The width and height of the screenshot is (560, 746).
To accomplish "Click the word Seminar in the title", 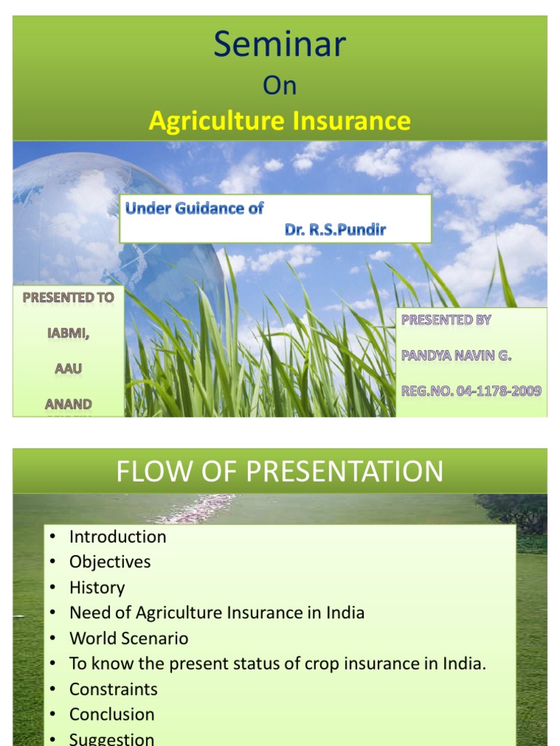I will [x=279, y=45].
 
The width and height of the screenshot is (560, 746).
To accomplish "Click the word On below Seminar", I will [x=279, y=85].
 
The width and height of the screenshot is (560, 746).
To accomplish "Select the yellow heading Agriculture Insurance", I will [x=279, y=121].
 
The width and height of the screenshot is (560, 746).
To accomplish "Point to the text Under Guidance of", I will [x=194, y=208].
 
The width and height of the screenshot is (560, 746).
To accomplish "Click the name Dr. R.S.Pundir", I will [x=335, y=230].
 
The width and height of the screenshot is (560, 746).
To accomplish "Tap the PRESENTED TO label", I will [x=68, y=298].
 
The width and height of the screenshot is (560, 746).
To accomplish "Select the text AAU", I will [x=68, y=368].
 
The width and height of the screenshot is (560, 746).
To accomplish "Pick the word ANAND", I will [x=68, y=403].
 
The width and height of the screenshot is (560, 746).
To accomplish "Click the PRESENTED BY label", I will [x=446, y=320].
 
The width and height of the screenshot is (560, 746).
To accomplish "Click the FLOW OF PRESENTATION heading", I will [x=279, y=471].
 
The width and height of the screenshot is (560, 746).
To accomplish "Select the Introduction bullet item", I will [x=117, y=537].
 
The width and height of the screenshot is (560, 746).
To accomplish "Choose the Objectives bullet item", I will [x=109, y=562].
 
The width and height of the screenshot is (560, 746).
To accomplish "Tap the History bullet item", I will [x=97, y=588].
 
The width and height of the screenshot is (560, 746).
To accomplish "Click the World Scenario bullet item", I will [x=128, y=639].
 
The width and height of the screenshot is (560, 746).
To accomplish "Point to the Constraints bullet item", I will [x=113, y=689].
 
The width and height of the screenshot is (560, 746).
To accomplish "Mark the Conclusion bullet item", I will [x=112, y=715].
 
